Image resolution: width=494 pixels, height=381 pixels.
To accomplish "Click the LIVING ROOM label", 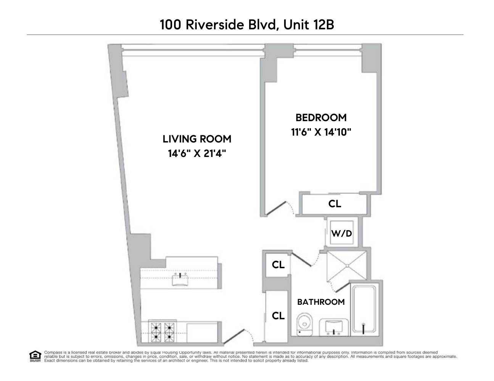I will point(197,139).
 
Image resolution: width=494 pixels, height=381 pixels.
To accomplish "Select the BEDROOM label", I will point(321,117).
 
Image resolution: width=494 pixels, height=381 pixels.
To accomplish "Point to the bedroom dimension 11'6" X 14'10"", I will point(321,132).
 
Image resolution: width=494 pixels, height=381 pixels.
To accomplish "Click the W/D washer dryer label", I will point(341,233).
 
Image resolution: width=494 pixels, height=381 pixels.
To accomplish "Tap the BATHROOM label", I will point(321,302).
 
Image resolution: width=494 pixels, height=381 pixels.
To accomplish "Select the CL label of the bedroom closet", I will point(335,204).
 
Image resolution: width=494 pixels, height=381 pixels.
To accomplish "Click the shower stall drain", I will point(347,266).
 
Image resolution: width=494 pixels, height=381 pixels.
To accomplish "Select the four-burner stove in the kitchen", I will point(162,331).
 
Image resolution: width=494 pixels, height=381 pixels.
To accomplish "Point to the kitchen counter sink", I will point(179,280).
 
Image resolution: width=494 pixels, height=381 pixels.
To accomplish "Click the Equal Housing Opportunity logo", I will point(35,356).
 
